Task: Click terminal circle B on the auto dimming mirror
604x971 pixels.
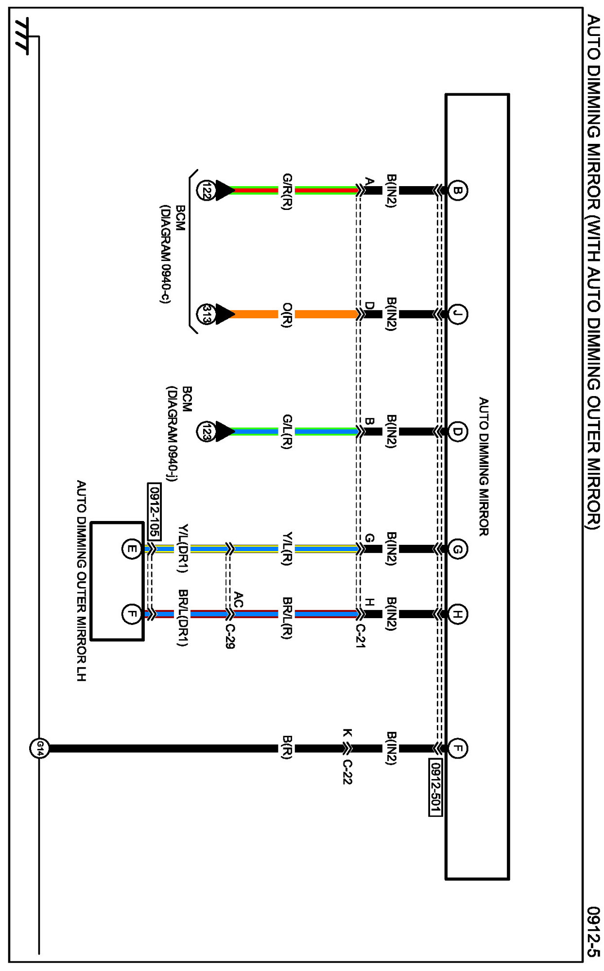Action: pos(457,190)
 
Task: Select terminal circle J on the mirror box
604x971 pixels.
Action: pos(457,314)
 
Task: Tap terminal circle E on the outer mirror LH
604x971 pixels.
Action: pos(131,549)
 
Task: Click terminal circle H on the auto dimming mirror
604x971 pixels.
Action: pos(457,614)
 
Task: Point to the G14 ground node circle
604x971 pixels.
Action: pos(39,748)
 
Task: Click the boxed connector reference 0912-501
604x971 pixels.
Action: pos(435,787)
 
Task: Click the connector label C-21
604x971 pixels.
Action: pos(360,636)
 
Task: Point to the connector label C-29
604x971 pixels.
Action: pos(230,636)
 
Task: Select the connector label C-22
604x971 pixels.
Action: pos(347,772)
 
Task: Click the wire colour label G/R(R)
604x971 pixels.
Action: pos(287,191)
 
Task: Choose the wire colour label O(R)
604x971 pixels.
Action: pos(287,315)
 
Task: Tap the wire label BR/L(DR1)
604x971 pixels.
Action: pos(183,618)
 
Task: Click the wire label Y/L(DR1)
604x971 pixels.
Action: pos(183,549)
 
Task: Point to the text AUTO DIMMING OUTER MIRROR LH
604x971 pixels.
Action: pos(81,580)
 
